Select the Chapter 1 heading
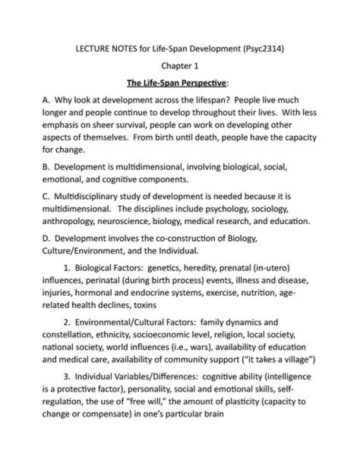(x=180, y=65)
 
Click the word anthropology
(x=70, y=220)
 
